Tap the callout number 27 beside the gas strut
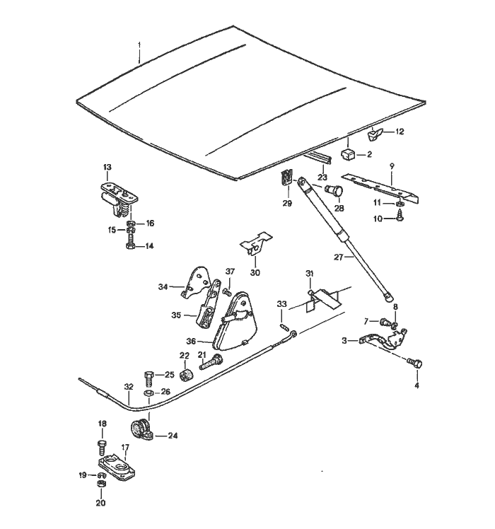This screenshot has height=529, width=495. point(339,257)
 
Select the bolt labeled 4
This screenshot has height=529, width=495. point(416,364)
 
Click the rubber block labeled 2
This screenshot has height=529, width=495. point(348,153)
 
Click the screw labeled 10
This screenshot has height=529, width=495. point(400,219)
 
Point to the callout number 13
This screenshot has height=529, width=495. point(107,168)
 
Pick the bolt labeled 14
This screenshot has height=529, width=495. point(131,246)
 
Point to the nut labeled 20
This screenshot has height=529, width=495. point(100,487)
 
